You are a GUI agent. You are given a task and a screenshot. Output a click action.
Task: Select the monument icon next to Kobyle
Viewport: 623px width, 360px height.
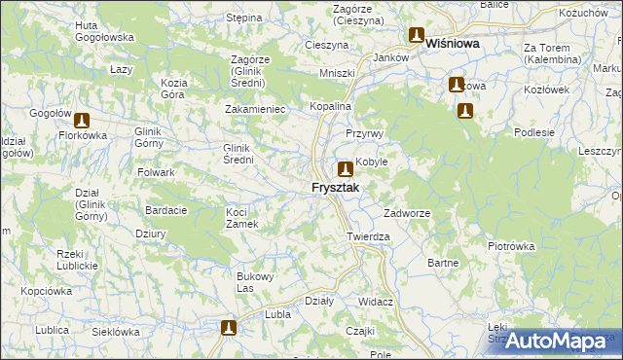(x=346, y=167)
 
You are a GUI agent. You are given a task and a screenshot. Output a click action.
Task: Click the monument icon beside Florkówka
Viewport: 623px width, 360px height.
(x=82, y=121)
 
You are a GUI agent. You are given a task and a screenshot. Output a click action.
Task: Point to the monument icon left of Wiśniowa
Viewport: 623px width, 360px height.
(x=417, y=37)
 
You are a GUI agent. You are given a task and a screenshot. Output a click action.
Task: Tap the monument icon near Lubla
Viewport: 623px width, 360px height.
(x=229, y=329)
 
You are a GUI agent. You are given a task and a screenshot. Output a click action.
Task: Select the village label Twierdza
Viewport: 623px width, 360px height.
(x=368, y=236)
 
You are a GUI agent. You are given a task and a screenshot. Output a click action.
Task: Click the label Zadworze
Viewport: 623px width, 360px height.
(x=407, y=213)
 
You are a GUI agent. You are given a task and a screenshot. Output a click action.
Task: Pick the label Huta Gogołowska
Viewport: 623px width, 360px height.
(x=104, y=30)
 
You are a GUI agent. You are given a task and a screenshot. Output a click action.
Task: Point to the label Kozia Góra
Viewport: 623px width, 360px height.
(x=174, y=89)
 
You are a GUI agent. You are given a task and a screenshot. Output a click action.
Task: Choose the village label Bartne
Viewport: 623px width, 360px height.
(x=442, y=263)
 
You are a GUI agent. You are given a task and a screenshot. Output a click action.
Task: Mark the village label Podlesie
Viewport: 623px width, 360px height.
(x=535, y=132)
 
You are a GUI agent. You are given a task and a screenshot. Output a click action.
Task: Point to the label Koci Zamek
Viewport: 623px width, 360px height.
(x=240, y=218)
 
